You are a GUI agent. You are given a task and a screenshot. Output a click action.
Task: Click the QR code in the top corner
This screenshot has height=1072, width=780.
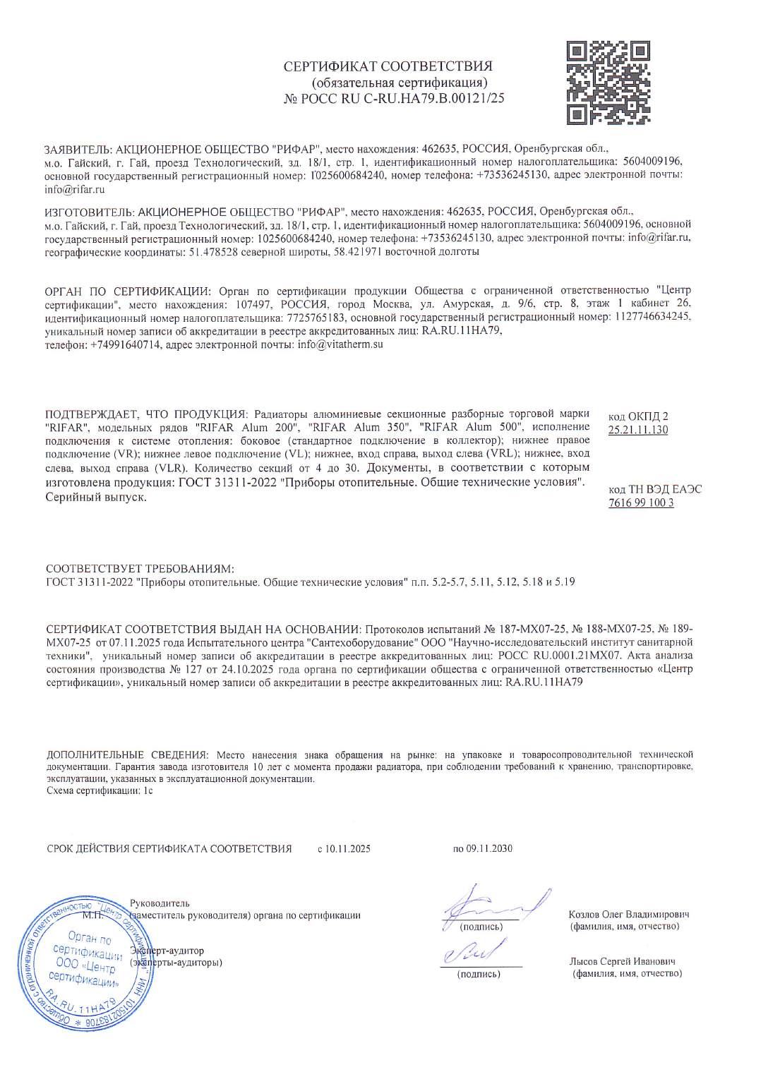point(608,82)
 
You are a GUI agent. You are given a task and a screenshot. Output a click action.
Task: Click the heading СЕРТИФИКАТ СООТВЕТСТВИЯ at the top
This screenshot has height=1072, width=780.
point(388,67)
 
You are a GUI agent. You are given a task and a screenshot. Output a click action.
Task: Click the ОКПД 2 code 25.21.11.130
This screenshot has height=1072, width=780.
point(638,430)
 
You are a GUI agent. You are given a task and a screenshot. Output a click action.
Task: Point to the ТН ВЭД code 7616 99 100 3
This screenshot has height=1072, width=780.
point(641,503)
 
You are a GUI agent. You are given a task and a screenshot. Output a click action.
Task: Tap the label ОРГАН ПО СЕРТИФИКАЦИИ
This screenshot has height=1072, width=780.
point(128,291)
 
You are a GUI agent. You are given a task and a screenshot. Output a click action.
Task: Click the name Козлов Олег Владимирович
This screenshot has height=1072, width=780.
point(629,915)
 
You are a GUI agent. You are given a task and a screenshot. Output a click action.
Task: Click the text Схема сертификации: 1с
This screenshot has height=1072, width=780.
point(100,790)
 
